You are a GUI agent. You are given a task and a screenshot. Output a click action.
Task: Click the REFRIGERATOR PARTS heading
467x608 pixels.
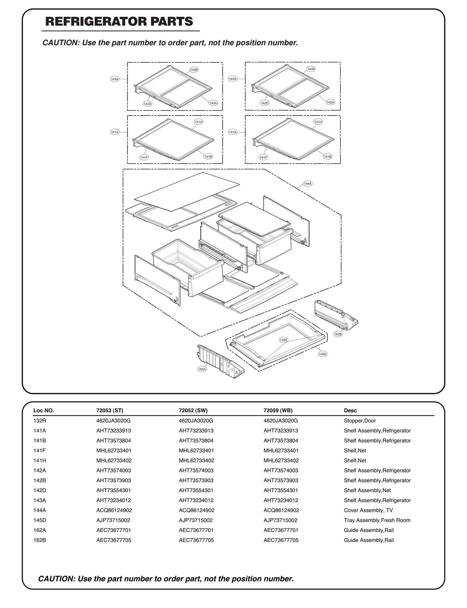point(119,22)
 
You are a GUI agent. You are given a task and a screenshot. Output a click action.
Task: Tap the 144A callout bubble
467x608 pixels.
point(308,184)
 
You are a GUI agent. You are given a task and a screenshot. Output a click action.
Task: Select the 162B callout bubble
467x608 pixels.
point(338,334)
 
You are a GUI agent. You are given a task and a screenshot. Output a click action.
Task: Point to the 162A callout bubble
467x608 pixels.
point(202,369)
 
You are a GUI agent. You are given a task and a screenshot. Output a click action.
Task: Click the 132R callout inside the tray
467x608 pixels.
point(283,340)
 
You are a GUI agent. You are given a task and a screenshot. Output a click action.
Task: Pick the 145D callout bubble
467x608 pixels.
point(323,354)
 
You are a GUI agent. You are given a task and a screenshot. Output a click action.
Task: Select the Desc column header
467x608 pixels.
point(350,410)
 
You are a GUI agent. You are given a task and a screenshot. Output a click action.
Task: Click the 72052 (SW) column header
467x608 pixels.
point(193,410)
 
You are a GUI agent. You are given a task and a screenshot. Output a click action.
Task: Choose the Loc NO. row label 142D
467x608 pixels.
point(40,490)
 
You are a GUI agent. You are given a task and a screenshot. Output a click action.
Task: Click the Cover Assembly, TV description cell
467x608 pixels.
point(368,510)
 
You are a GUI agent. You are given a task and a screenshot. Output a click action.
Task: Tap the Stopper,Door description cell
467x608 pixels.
point(360,421)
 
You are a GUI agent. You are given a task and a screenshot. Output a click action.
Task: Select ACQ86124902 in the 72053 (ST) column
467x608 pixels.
point(114,510)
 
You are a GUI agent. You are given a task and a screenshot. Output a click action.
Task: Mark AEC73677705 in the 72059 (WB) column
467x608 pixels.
point(281,540)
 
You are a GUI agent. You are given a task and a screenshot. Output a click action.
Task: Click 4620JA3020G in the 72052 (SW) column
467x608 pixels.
point(196,421)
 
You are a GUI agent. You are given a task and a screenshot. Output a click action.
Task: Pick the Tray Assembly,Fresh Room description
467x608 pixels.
point(377,520)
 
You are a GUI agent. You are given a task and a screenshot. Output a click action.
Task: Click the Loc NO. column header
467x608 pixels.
point(43,410)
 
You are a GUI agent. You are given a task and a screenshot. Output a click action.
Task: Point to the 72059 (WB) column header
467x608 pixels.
point(278,410)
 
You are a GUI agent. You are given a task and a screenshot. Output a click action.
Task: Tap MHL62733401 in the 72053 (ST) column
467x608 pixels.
point(114,450)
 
